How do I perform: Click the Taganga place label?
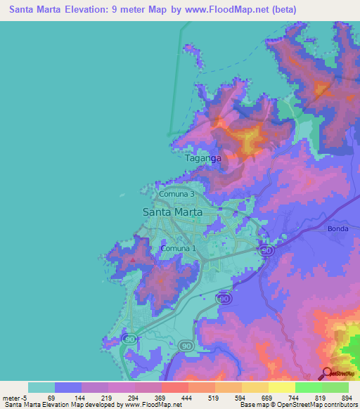point(202,159)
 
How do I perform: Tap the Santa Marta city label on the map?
point(172,212)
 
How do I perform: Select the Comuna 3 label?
point(176,194)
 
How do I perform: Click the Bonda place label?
point(338,229)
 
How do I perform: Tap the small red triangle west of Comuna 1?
point(133,261)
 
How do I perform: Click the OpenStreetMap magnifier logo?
point(328,373)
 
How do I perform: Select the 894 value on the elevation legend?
point(345,397)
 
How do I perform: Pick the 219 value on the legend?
point(105,397)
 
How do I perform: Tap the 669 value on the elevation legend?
point(266,397)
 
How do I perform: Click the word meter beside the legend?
point(11,397)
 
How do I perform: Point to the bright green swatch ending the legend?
point(335,387)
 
